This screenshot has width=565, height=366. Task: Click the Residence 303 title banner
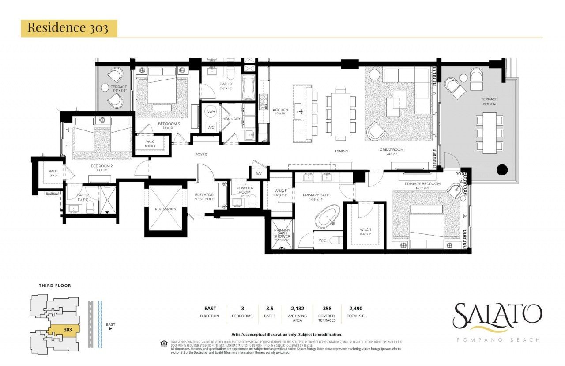pyautogui.click(x=68, y=28)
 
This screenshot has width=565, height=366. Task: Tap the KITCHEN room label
pyautogui.click(x=280, y=110)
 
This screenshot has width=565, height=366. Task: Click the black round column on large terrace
pyautogui.click(x=502, y=169)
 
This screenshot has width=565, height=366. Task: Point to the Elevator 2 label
pyautogui.click(x=166, y=209)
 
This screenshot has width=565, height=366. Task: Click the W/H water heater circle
pyautogui.click(x=211, y=112)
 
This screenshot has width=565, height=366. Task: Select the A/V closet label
pyautogui.click(x=259, y=174)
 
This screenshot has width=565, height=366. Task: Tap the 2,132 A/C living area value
pyautogui.click(x=297, y=309)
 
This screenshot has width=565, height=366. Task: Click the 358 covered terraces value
pyautogui.click(x=326, y=309)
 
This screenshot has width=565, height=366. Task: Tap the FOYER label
pyautogui.click(x=201, y=155)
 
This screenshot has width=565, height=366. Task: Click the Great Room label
pyautogui.click(x=392, y=150)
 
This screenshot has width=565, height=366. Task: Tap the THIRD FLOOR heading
pyautogui.click(x=54, y=286)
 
